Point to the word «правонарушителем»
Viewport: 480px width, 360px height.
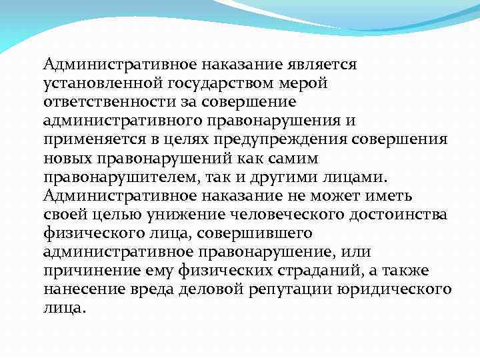point(116,178)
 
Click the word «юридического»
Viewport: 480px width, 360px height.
point(406,290)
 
